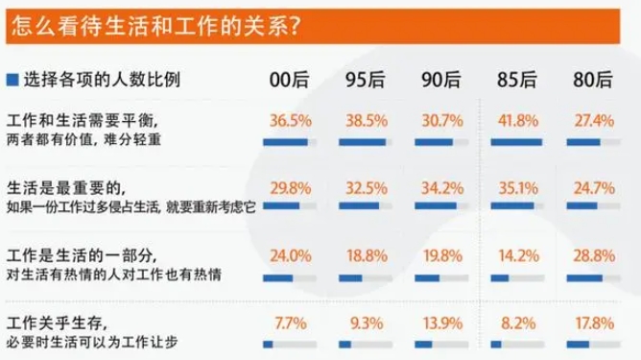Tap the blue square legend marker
pos(11,79)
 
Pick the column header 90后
pos(439,79)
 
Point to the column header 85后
pos(512,79)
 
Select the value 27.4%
pos(590,124)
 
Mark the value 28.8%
pos(590,256)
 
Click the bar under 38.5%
pos(365,143)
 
